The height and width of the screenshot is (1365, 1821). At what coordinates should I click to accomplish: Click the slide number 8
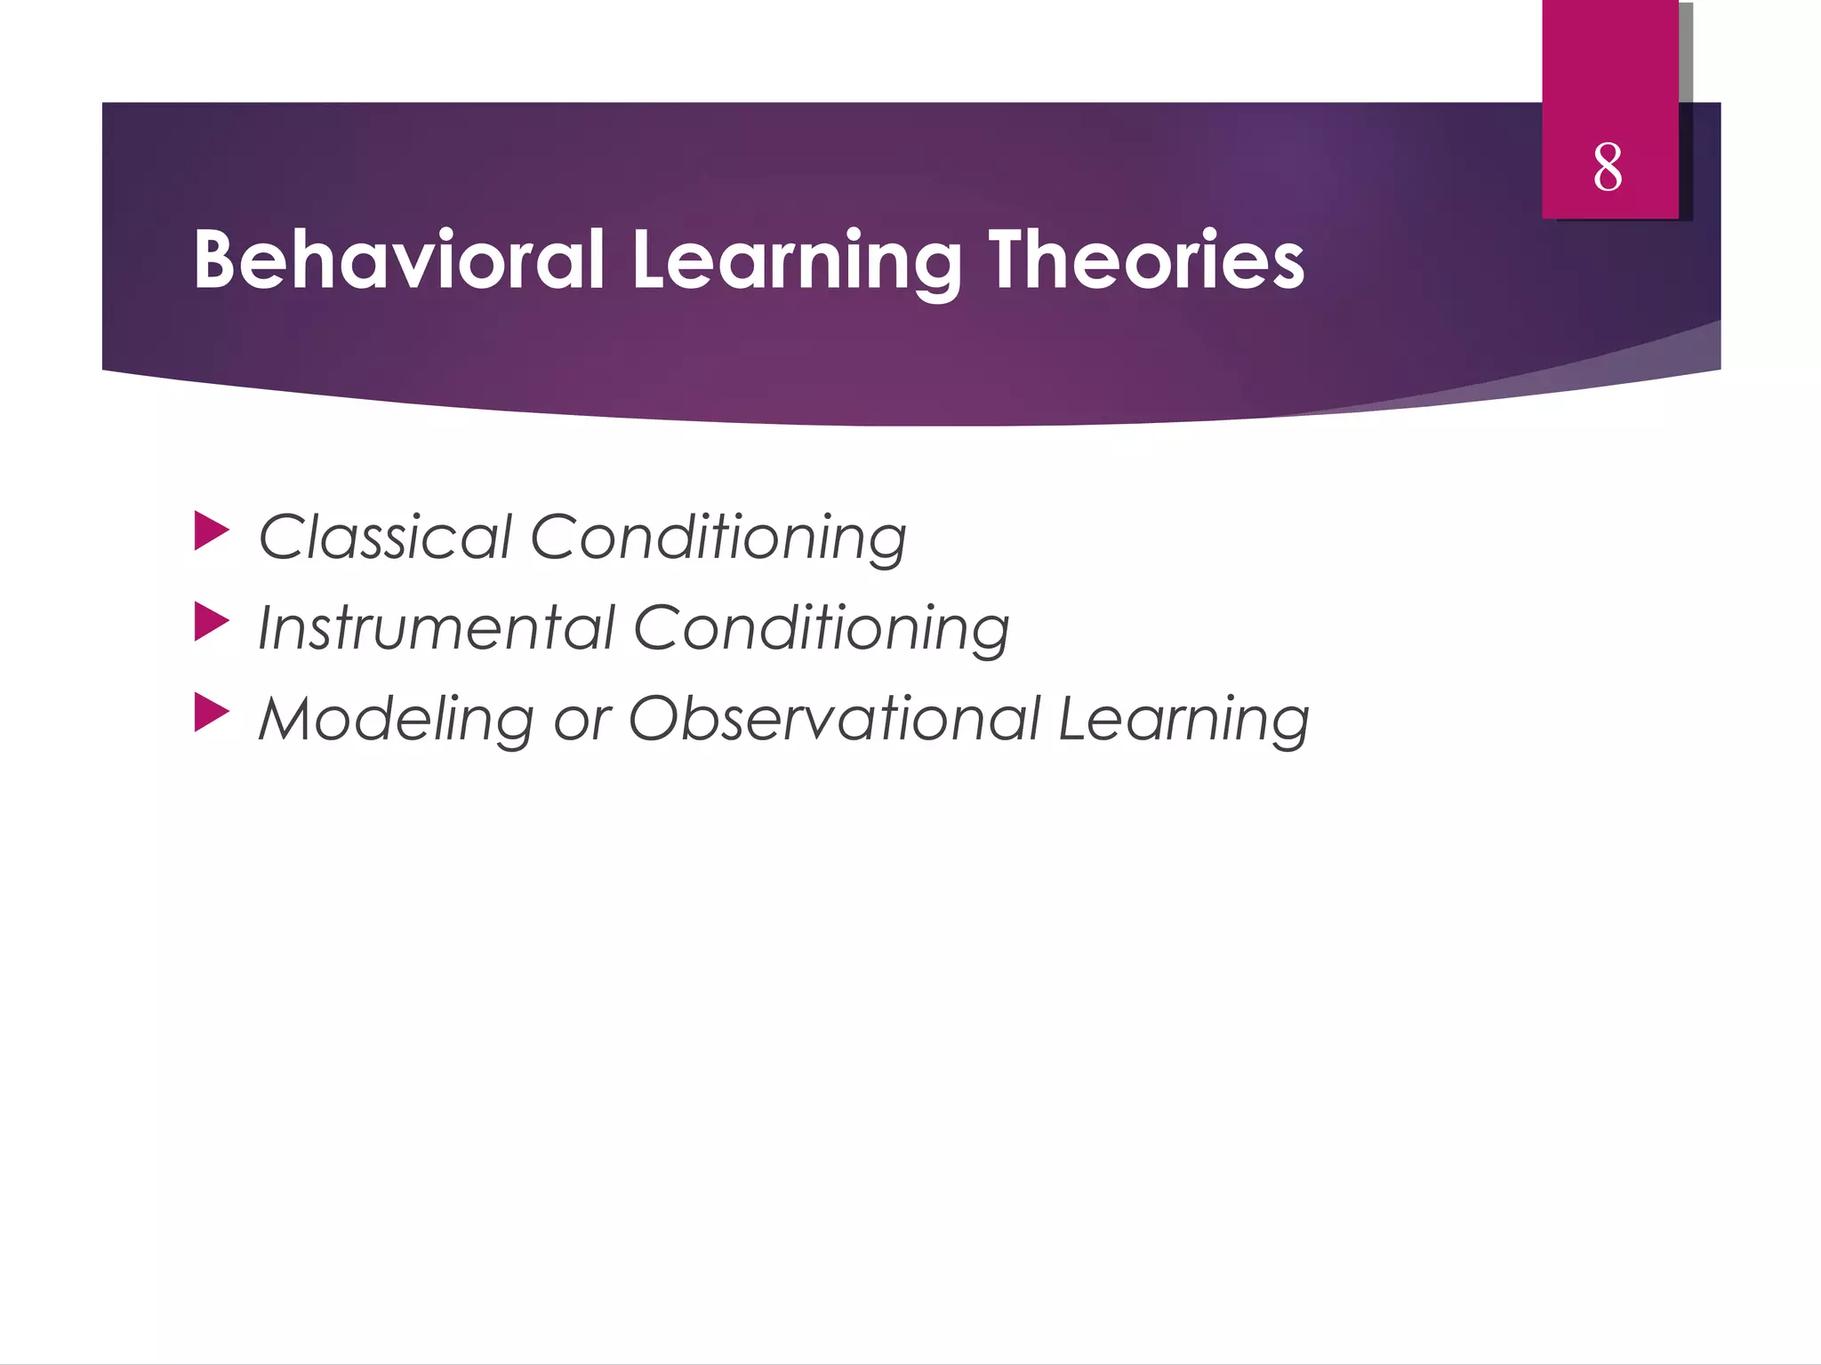(1608, 167)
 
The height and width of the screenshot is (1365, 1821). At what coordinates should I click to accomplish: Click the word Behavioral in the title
(398, 259)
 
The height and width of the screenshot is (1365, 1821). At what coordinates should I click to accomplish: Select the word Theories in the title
(1147, 259)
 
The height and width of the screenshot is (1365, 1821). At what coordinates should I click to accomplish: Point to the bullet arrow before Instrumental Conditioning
(211, 621)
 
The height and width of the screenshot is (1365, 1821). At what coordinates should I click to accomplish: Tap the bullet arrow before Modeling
(211, 712)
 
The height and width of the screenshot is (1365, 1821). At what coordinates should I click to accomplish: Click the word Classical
(384, 537)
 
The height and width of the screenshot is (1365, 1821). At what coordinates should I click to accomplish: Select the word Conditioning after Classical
(718, 539)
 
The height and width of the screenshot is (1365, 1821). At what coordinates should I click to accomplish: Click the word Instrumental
(436, 627)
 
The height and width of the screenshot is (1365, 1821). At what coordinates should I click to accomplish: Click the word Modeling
(396, 719)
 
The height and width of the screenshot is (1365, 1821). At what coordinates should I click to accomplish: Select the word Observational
(834, 718)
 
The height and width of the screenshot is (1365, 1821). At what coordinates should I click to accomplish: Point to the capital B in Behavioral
(218, 259)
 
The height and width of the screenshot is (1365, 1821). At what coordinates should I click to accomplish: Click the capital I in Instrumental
(265, 627)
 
